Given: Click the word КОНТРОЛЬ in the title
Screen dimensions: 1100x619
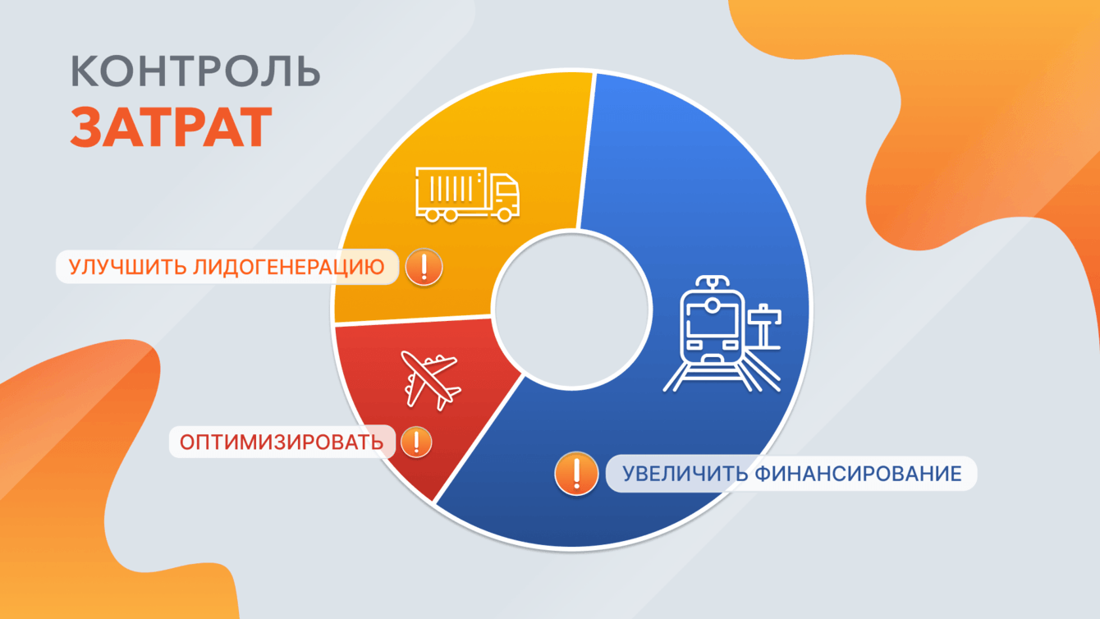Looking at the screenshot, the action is [x=195, y=71].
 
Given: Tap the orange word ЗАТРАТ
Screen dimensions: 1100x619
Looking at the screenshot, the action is [x=171, y=127].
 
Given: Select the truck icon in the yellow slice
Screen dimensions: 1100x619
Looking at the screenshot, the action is [x=467, y=195].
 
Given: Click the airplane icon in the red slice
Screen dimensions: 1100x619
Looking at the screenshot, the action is [x=431, y=380].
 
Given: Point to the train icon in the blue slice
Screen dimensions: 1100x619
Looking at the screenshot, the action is [x=722, y=334].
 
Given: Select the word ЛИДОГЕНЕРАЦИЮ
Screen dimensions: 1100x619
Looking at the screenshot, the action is [x=288, y=268].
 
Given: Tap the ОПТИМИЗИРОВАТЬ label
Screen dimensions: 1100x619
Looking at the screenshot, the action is [x=282, y=442].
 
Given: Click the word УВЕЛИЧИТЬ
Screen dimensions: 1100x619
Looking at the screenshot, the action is [x=685, y=474].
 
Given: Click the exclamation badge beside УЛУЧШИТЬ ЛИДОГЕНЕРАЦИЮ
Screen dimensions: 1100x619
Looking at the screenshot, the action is [x=424, y=268].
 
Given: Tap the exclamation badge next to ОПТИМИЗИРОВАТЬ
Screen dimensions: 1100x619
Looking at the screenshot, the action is [x=416, y=442].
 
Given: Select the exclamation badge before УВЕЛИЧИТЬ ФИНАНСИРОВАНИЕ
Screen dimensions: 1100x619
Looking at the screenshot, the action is [x=576, y=474].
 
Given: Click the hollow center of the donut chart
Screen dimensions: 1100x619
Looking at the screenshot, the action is [x=573, y=309].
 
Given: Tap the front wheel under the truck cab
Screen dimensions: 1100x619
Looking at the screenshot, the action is [x=504, y=214].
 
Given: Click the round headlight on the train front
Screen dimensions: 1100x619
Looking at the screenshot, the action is [x=712, y=305].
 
